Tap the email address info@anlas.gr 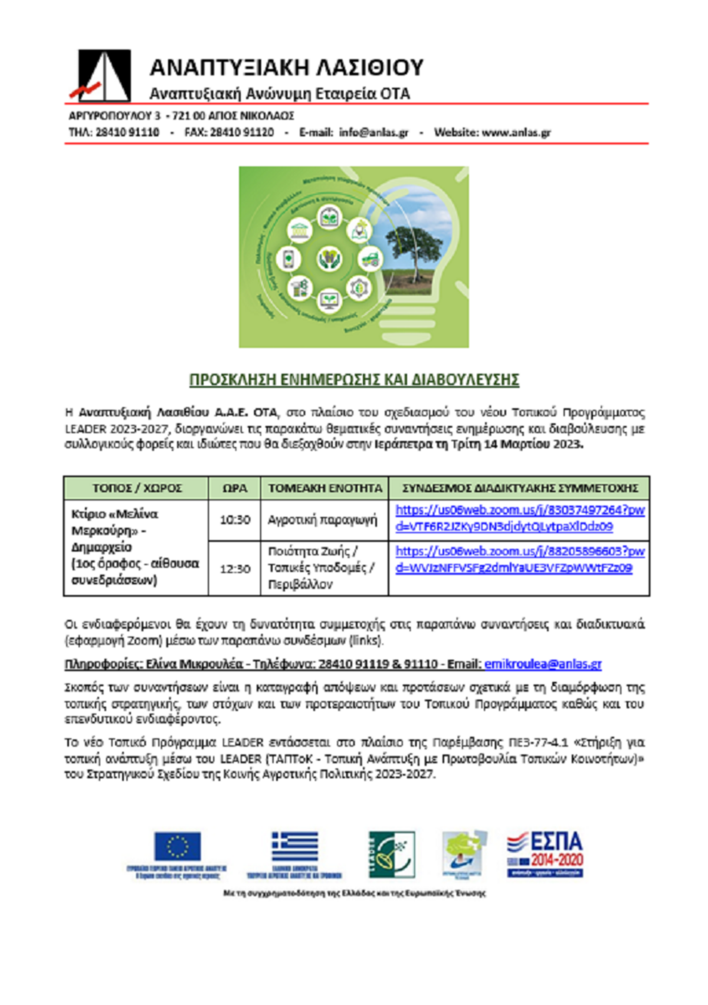pos(373,132)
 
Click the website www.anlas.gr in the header pos(516,132)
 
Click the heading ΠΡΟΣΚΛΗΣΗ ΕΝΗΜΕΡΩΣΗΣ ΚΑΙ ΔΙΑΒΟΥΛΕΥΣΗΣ pos(354,379)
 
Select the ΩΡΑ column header pos(234,488)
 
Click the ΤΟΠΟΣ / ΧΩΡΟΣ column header pos(136,488)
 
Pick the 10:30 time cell pos(234,520)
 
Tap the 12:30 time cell pos(234,568)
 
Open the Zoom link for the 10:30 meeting pos(519,518)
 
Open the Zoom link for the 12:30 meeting pos(519,559)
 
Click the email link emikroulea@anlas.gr pos(543,664)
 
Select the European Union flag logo pos(177,846)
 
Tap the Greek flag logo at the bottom pos(294,846)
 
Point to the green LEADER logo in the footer pos(391,854)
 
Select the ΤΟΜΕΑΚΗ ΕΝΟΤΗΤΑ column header pos(325,488)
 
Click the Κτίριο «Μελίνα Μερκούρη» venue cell pos(136,546)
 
